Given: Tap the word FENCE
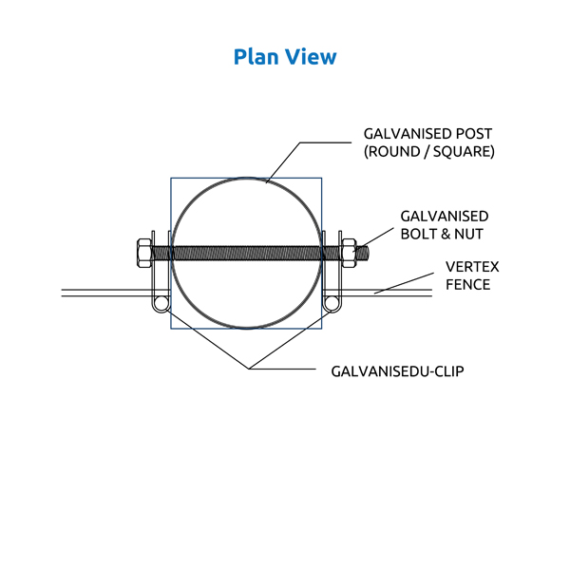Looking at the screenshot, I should coord(468,284).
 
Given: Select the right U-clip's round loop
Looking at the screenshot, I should coord(331,303).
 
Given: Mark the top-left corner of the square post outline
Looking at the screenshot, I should coord(171,178).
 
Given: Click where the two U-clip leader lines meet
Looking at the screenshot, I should coord(249,368).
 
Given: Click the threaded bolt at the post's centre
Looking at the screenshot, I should coord(246,253).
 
